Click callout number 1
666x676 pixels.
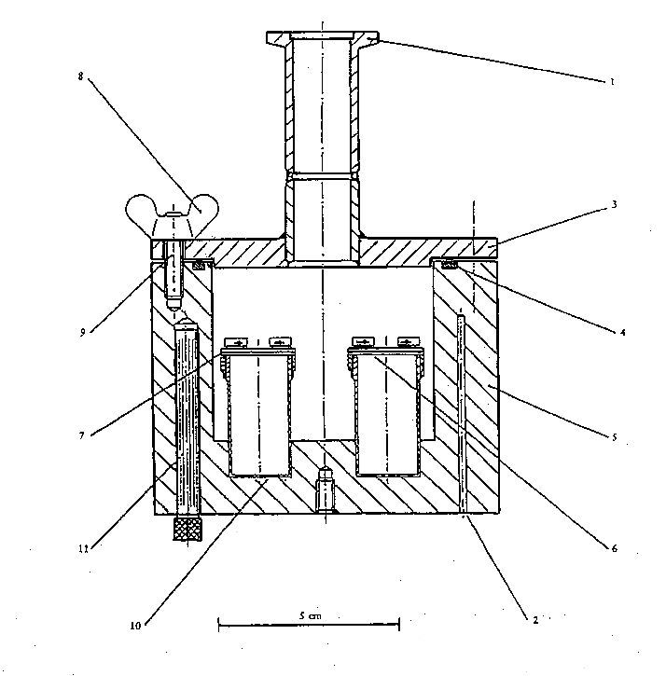pyautogui.click(x=612, y=82)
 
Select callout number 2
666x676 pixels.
pyautogui.click(x=535, y=620)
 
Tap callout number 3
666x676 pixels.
pyautogui.click(x=615, y=204)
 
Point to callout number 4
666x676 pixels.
pyautogui.click(x=622, y=332)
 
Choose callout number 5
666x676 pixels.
pyautogui.click(x=615, y=437)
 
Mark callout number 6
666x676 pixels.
pyautogui.click(x=615, y=548)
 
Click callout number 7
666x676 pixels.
pyautogui.click(x=81, y=435)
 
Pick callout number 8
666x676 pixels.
pyautogui.click(x=80, y=76)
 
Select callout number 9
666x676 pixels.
pyautogui.click(x=82, y=332)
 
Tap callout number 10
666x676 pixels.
pyautogui.click(x=135, y=625)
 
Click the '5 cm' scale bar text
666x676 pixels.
pyautogui.click(x=311, y=615)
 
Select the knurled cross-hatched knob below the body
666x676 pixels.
pyautogui.click(x=187, y=529)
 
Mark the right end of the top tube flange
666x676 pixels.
pyautogui.click(x=379, y=37)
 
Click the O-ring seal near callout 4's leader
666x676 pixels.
pyautogui.click(x=450, y=264)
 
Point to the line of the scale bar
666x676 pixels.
pyautogui.click(x=309, y=624)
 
